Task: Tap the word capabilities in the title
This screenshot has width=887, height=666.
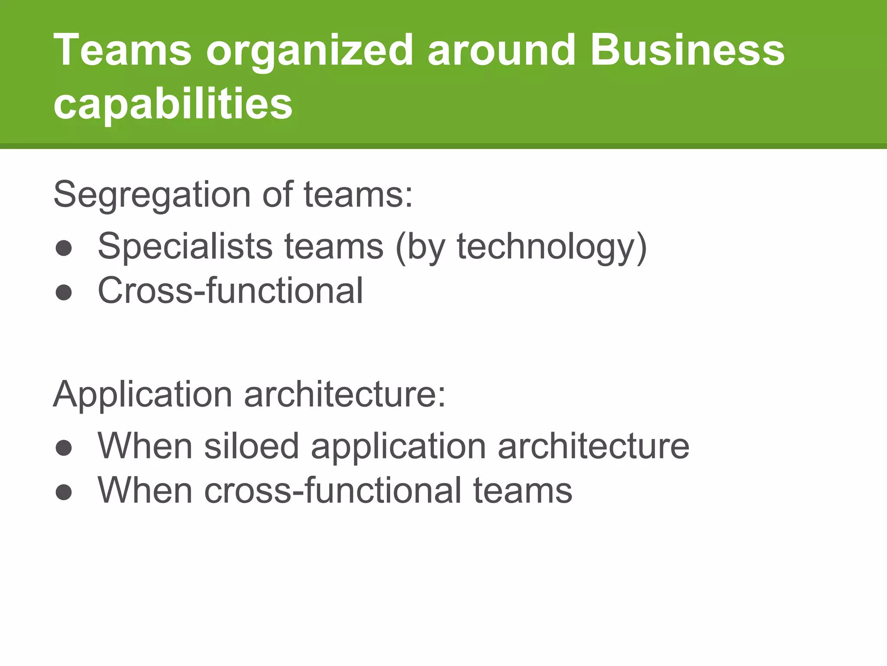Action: (173, 104)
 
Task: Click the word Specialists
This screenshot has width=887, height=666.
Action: (185, 247)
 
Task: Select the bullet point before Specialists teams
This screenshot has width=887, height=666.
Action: (64, 248)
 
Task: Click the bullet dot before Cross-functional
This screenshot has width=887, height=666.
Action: (64, 293)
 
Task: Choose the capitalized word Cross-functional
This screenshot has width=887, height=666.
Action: (230, 291)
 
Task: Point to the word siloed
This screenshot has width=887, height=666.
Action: (252, 446)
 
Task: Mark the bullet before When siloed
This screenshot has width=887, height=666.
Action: (64, 448)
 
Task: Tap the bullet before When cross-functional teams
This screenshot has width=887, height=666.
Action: (64, 493)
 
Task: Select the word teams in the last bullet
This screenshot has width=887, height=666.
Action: (523, 490)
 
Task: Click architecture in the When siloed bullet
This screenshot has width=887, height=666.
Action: (593, 446)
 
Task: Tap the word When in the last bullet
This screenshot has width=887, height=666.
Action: (145, 490)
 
